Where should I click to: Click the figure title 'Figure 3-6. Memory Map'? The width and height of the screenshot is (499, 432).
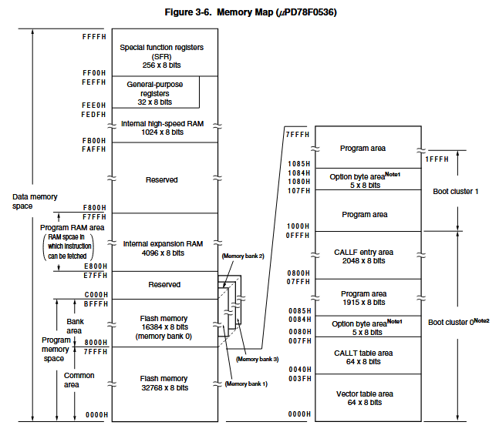(x=219, y=12)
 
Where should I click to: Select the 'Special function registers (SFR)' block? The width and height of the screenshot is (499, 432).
(x=165, y=52)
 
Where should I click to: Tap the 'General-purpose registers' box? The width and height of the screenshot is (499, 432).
(x=156, y=92)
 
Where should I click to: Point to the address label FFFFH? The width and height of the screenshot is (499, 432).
(x=94, y=37)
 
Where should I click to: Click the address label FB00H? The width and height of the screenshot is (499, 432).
(x=94, y=141)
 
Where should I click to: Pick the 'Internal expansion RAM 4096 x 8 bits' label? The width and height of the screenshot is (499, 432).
(x=163, y=249)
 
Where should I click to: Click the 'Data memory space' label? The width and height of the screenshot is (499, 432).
(x=35, y=202)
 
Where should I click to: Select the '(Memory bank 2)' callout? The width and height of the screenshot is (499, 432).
(x=243, y=256)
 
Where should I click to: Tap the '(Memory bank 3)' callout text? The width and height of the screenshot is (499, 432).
(x=257, y=360)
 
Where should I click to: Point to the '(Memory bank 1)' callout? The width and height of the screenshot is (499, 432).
(x=246, y=384)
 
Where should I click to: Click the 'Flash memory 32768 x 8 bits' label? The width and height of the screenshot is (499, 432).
(x=164, y=383)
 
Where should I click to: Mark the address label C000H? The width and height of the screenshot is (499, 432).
(x=96, y=295)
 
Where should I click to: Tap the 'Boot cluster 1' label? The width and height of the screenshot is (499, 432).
(x=455, y=192)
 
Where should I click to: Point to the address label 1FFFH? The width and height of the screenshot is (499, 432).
(x=437, y=159)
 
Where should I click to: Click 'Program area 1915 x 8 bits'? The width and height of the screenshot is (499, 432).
(x=364, y=298)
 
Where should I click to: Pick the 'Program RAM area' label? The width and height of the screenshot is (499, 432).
(x=72, y=228)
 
